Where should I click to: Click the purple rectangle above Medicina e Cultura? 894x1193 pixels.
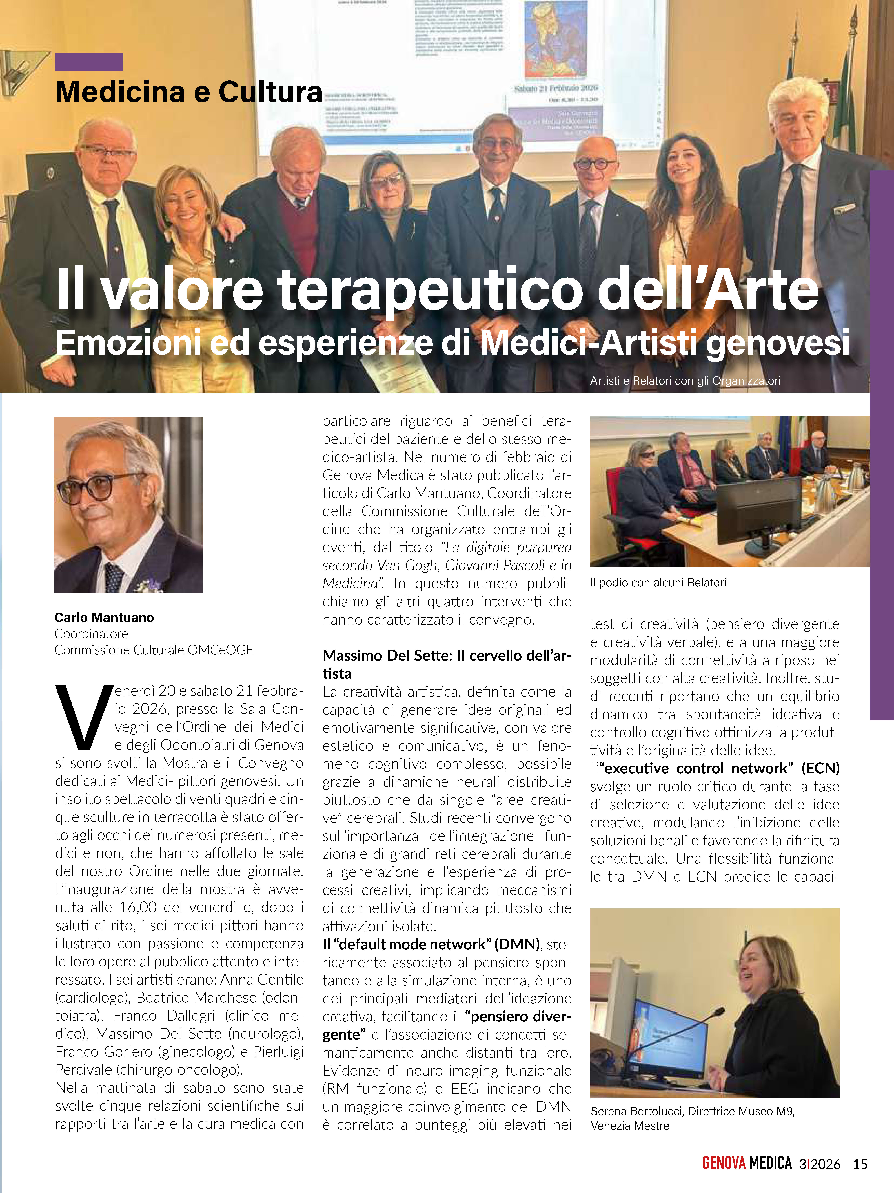(x=89, y=62)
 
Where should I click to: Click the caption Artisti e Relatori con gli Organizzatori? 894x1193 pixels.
(x=685, y=381)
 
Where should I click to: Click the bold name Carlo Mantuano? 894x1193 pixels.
(x=104, y=618)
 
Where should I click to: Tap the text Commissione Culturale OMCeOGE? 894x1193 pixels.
(x=154, y=650)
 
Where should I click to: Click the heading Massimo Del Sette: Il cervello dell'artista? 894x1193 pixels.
(x=446, y=664)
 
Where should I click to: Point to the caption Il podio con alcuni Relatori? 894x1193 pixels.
(x=658, y=583)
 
